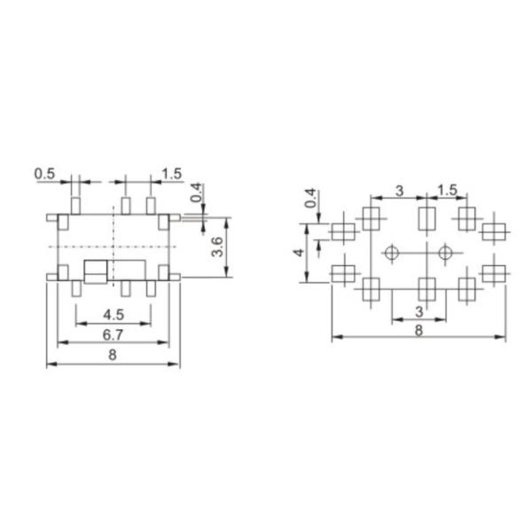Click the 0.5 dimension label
(x=45, y=174)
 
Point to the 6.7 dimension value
(x=113, y=333)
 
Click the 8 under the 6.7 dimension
(x=113, y=354)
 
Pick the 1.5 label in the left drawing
(x=172, y=174)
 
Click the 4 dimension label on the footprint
(x=301, y=253)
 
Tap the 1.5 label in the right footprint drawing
(x=448, y=190)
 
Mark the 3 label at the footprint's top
(x=399, y=190)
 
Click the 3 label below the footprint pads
(x=419, y=312)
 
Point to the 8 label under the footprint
(x=419, y=330)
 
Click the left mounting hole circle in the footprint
(x=391, y=254)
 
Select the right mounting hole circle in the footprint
(x=445, y=254)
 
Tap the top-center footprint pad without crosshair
(x=426, y=217)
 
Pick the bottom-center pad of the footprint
(x=426, y=288)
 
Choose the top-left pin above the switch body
(x=75, y=206)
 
